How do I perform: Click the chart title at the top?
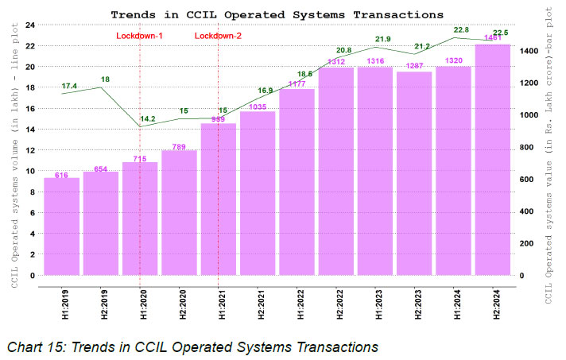click(x=277, y=14)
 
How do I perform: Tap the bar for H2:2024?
click(x=493, y=160)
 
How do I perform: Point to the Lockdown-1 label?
click(x=140, y=37)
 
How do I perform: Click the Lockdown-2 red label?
click(x=219, y=37)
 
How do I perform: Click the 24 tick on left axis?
click(x=29, y=25)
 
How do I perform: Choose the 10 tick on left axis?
click(x=29, y=171)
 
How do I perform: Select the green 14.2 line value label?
click(x=148, y=120)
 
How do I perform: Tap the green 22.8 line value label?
click(x=462, y=30)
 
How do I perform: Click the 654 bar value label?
click(x=101, y=168)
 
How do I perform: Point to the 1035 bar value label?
click(x=258, y=107)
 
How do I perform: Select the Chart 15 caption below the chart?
click(x=191, y=346)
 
